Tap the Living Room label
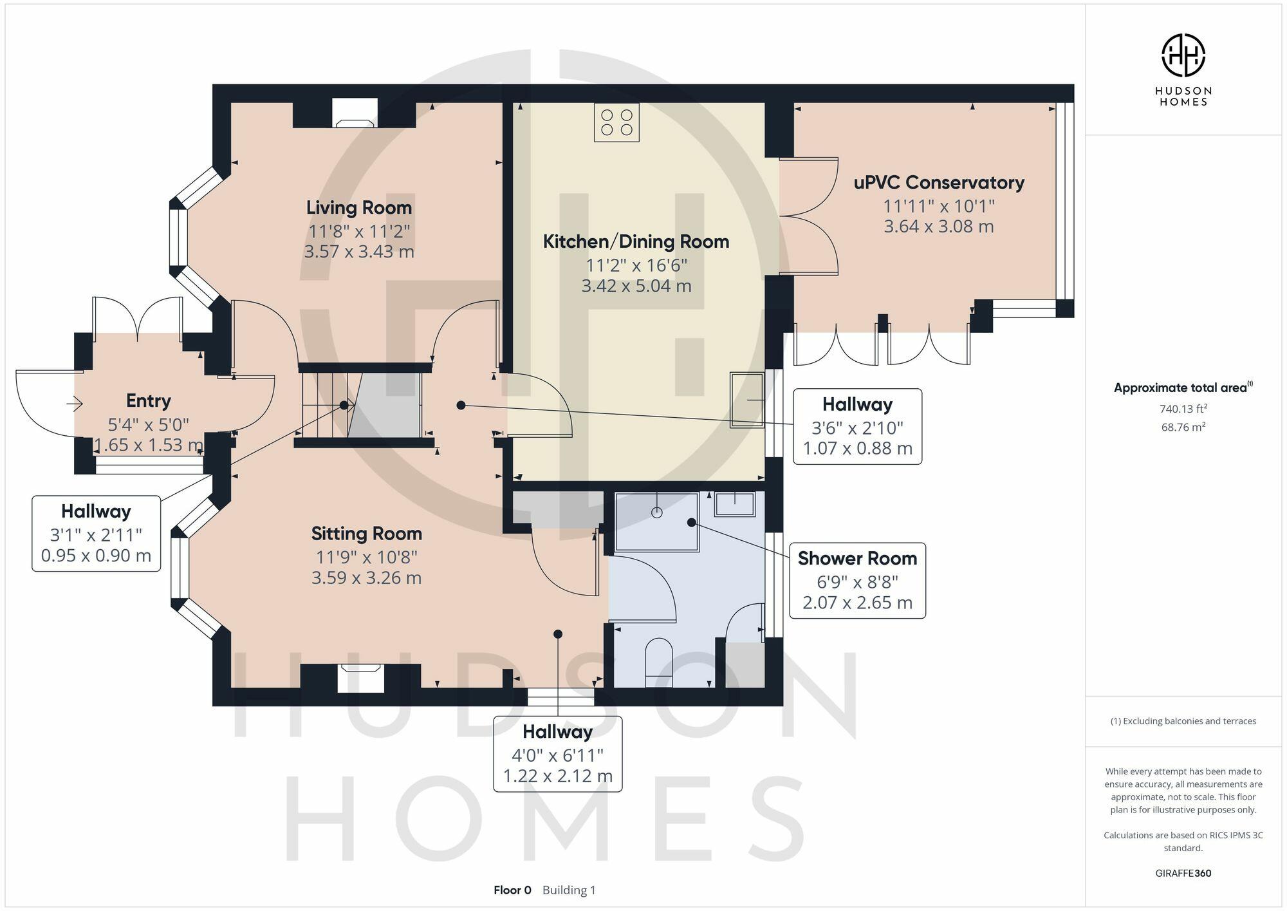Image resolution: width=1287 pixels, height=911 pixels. [x=358, y=208]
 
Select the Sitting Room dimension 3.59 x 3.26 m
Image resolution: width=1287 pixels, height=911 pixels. [x=366, y=578]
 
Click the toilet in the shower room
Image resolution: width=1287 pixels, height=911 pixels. [x=658, y=657]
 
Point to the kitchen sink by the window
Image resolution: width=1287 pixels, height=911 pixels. [x=747, y=400]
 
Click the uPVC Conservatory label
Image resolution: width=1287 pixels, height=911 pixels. [x=938, y=183]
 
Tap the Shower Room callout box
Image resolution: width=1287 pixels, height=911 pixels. [x=857, y=580]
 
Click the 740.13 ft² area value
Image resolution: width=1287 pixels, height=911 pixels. [x=1183, y=409]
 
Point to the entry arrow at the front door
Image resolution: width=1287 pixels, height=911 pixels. [x=75, y=404]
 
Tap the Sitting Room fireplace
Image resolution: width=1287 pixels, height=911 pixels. [x=361, y=677]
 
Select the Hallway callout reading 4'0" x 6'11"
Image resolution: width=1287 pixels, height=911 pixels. [x=557, y=754]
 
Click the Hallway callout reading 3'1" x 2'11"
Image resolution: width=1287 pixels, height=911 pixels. [x=96, y=534]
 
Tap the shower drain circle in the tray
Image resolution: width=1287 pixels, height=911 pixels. [x=656, y=512]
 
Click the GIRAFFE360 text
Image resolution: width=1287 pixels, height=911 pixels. [x=1183, y=874]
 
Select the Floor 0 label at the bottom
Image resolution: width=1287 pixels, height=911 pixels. [x=512, y=890]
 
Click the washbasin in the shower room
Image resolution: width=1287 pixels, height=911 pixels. [x=734, y=504]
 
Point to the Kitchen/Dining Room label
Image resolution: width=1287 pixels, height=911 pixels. [x=636, y=242]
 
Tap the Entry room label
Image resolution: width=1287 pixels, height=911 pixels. [x=148, y=401]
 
